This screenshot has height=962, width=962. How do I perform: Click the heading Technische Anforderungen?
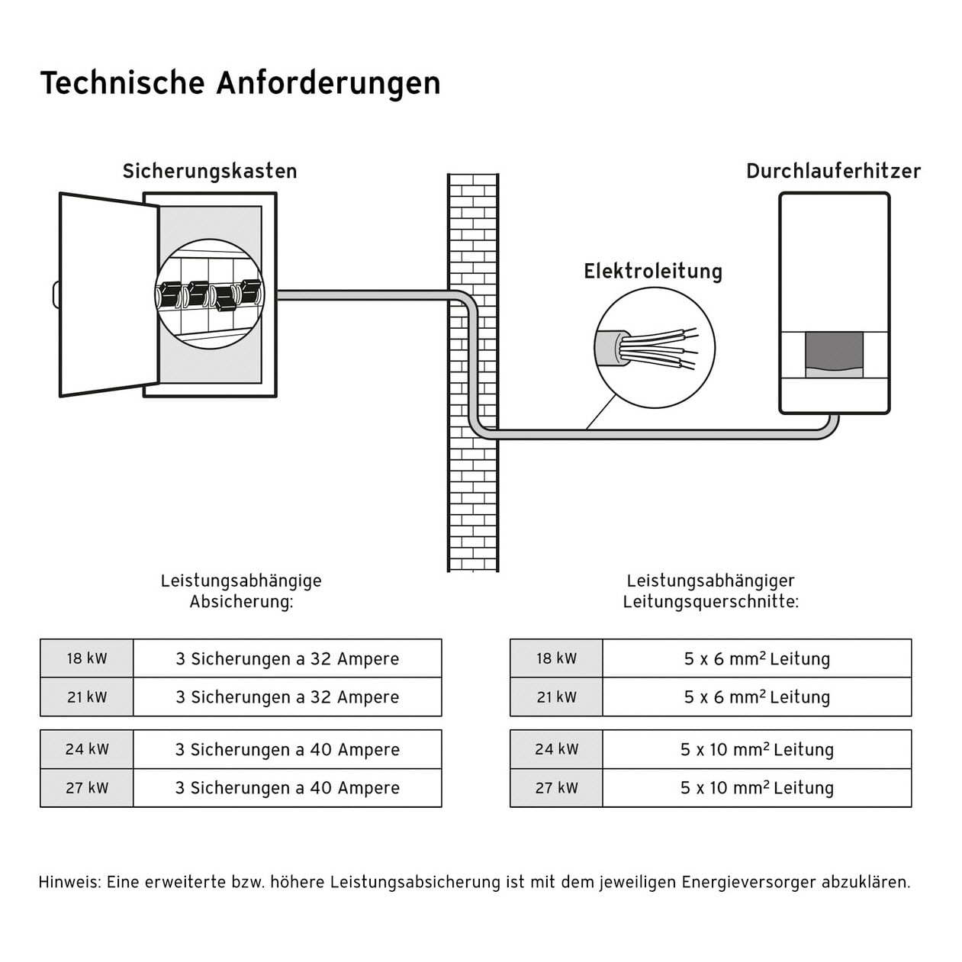click(x=240, y=83)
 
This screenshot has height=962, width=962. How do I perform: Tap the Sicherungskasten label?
click(x=210, y=171)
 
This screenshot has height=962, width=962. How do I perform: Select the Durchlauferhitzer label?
click(x=833, y=171)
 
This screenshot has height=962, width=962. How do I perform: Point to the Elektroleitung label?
click(x=652, y=272)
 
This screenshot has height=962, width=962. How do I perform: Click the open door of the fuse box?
click(x=107, y=294)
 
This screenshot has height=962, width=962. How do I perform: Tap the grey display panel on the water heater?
click(x=834, y=353)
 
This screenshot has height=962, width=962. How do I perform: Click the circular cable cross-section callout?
click(x=654, y=348)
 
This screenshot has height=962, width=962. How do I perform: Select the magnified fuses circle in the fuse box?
click(x=210, y=294)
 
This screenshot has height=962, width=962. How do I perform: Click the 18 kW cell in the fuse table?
click(x=87, y=658)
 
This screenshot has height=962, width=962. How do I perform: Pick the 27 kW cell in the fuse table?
click(x=87, y=788)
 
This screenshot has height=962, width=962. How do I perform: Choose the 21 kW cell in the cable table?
click(x=556, y=697)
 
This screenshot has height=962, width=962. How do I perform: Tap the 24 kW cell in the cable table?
click(x=556, y=749)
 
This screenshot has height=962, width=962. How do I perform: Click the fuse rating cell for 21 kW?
click(x=287, y=697)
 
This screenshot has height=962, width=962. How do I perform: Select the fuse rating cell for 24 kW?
click(x=287, y=749)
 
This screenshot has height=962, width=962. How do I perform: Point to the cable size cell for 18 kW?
click(x=756, y=658)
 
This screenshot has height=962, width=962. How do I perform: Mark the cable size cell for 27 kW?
click(x=756, y=788)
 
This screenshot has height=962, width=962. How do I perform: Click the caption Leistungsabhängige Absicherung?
click(x=241, y=591)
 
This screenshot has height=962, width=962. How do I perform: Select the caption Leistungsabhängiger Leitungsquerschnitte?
click(x=710, y=591)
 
